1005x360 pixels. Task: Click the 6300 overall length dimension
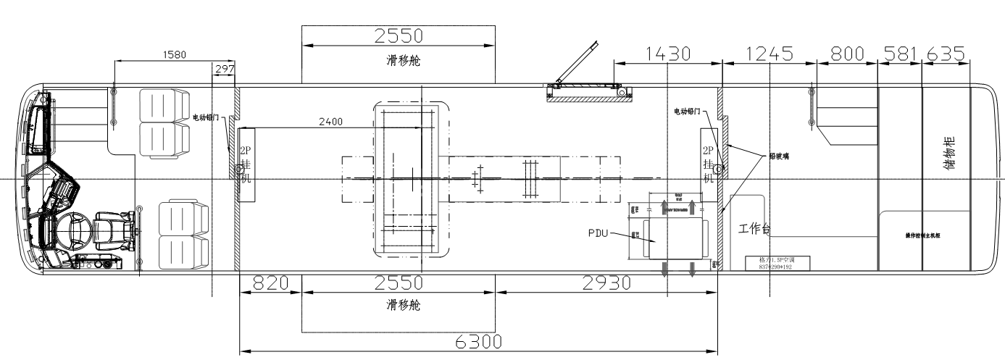click(x=478, y=342)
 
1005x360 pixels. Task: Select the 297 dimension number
click(x=225, y=69)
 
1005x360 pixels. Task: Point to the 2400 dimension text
click(x=330, y=122)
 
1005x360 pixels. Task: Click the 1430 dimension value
click(x=667, y=54)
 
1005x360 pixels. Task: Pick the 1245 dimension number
click(x=770, y=54)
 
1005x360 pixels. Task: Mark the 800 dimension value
click(x=847, y=54)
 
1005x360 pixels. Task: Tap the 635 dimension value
click(x=944, y=54)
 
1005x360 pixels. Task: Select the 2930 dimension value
click(x=606, y=283)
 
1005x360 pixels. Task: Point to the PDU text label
click(x=601, y=233)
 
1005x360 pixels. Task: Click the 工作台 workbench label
click(x=754, y=230)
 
